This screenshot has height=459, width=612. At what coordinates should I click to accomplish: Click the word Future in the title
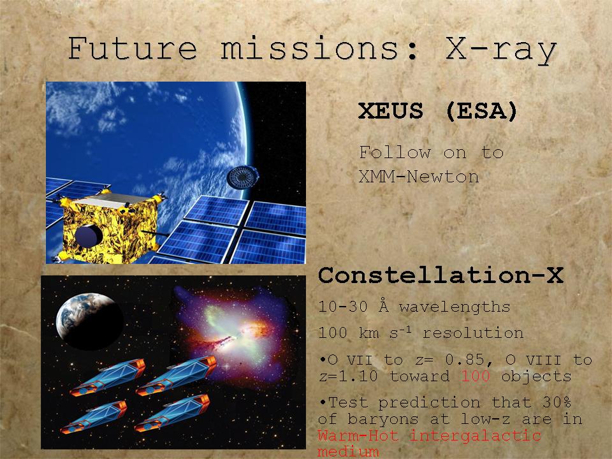(133, 48)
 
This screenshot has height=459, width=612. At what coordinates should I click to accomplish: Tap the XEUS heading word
(391, 110)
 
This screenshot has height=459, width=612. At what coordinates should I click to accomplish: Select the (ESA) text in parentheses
(481, 111)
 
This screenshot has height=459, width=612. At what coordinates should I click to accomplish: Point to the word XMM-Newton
(419, 177)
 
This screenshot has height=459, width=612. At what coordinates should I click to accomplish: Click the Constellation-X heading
(441, 275)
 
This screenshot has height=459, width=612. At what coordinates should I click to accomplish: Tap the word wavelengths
(455, 307)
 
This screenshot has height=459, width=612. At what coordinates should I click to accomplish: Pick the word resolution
(473, 333)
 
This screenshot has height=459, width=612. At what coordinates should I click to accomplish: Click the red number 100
(476, 376)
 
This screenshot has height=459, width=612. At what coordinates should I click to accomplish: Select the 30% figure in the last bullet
(557, 402)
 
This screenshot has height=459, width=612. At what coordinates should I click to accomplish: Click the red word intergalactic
(476, 435)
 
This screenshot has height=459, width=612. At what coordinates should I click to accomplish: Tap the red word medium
(348, 451)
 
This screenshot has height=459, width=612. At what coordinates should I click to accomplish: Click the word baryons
(383, 419)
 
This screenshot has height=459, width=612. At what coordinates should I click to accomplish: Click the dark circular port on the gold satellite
(89, 235)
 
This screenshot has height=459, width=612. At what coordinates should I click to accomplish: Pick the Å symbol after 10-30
(384, 306)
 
